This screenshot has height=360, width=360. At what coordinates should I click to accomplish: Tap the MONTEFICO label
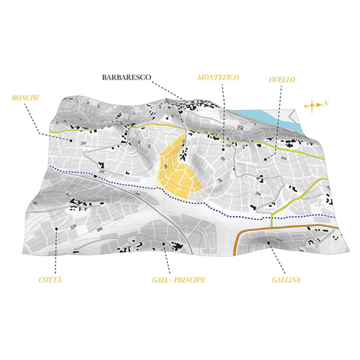[x=218, y=77]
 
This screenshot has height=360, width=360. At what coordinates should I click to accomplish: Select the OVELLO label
[x=282, y=79]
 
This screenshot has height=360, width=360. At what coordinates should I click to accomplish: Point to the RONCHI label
[x=25, y=97]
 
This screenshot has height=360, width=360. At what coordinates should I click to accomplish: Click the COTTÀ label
[x=50, y=280]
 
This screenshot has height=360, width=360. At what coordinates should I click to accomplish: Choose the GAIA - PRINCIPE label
[x=173, y=280]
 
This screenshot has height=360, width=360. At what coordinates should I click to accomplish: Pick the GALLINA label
[x=286, y=280]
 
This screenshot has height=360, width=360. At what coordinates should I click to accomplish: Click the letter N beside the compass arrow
[x=327, y=104]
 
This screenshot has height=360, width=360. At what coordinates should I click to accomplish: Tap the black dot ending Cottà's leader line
[x=58, y=229]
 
